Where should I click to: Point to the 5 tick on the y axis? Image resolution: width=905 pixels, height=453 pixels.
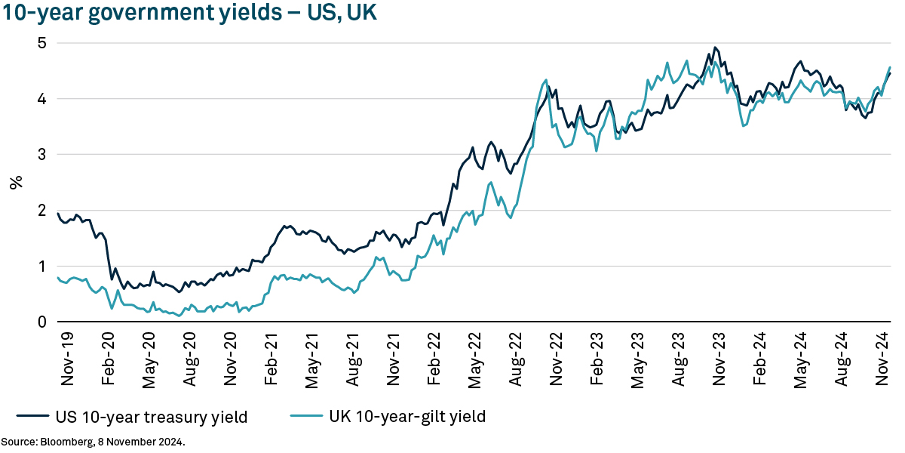coord(42,43)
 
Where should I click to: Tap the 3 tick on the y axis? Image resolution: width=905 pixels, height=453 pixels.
coord(42,155)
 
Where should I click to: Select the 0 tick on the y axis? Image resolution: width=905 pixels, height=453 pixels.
coord(42,322)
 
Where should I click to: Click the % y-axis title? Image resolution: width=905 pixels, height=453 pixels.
coord(15,182)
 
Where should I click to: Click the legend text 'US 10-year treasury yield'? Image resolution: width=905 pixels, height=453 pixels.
coord(151,416)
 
